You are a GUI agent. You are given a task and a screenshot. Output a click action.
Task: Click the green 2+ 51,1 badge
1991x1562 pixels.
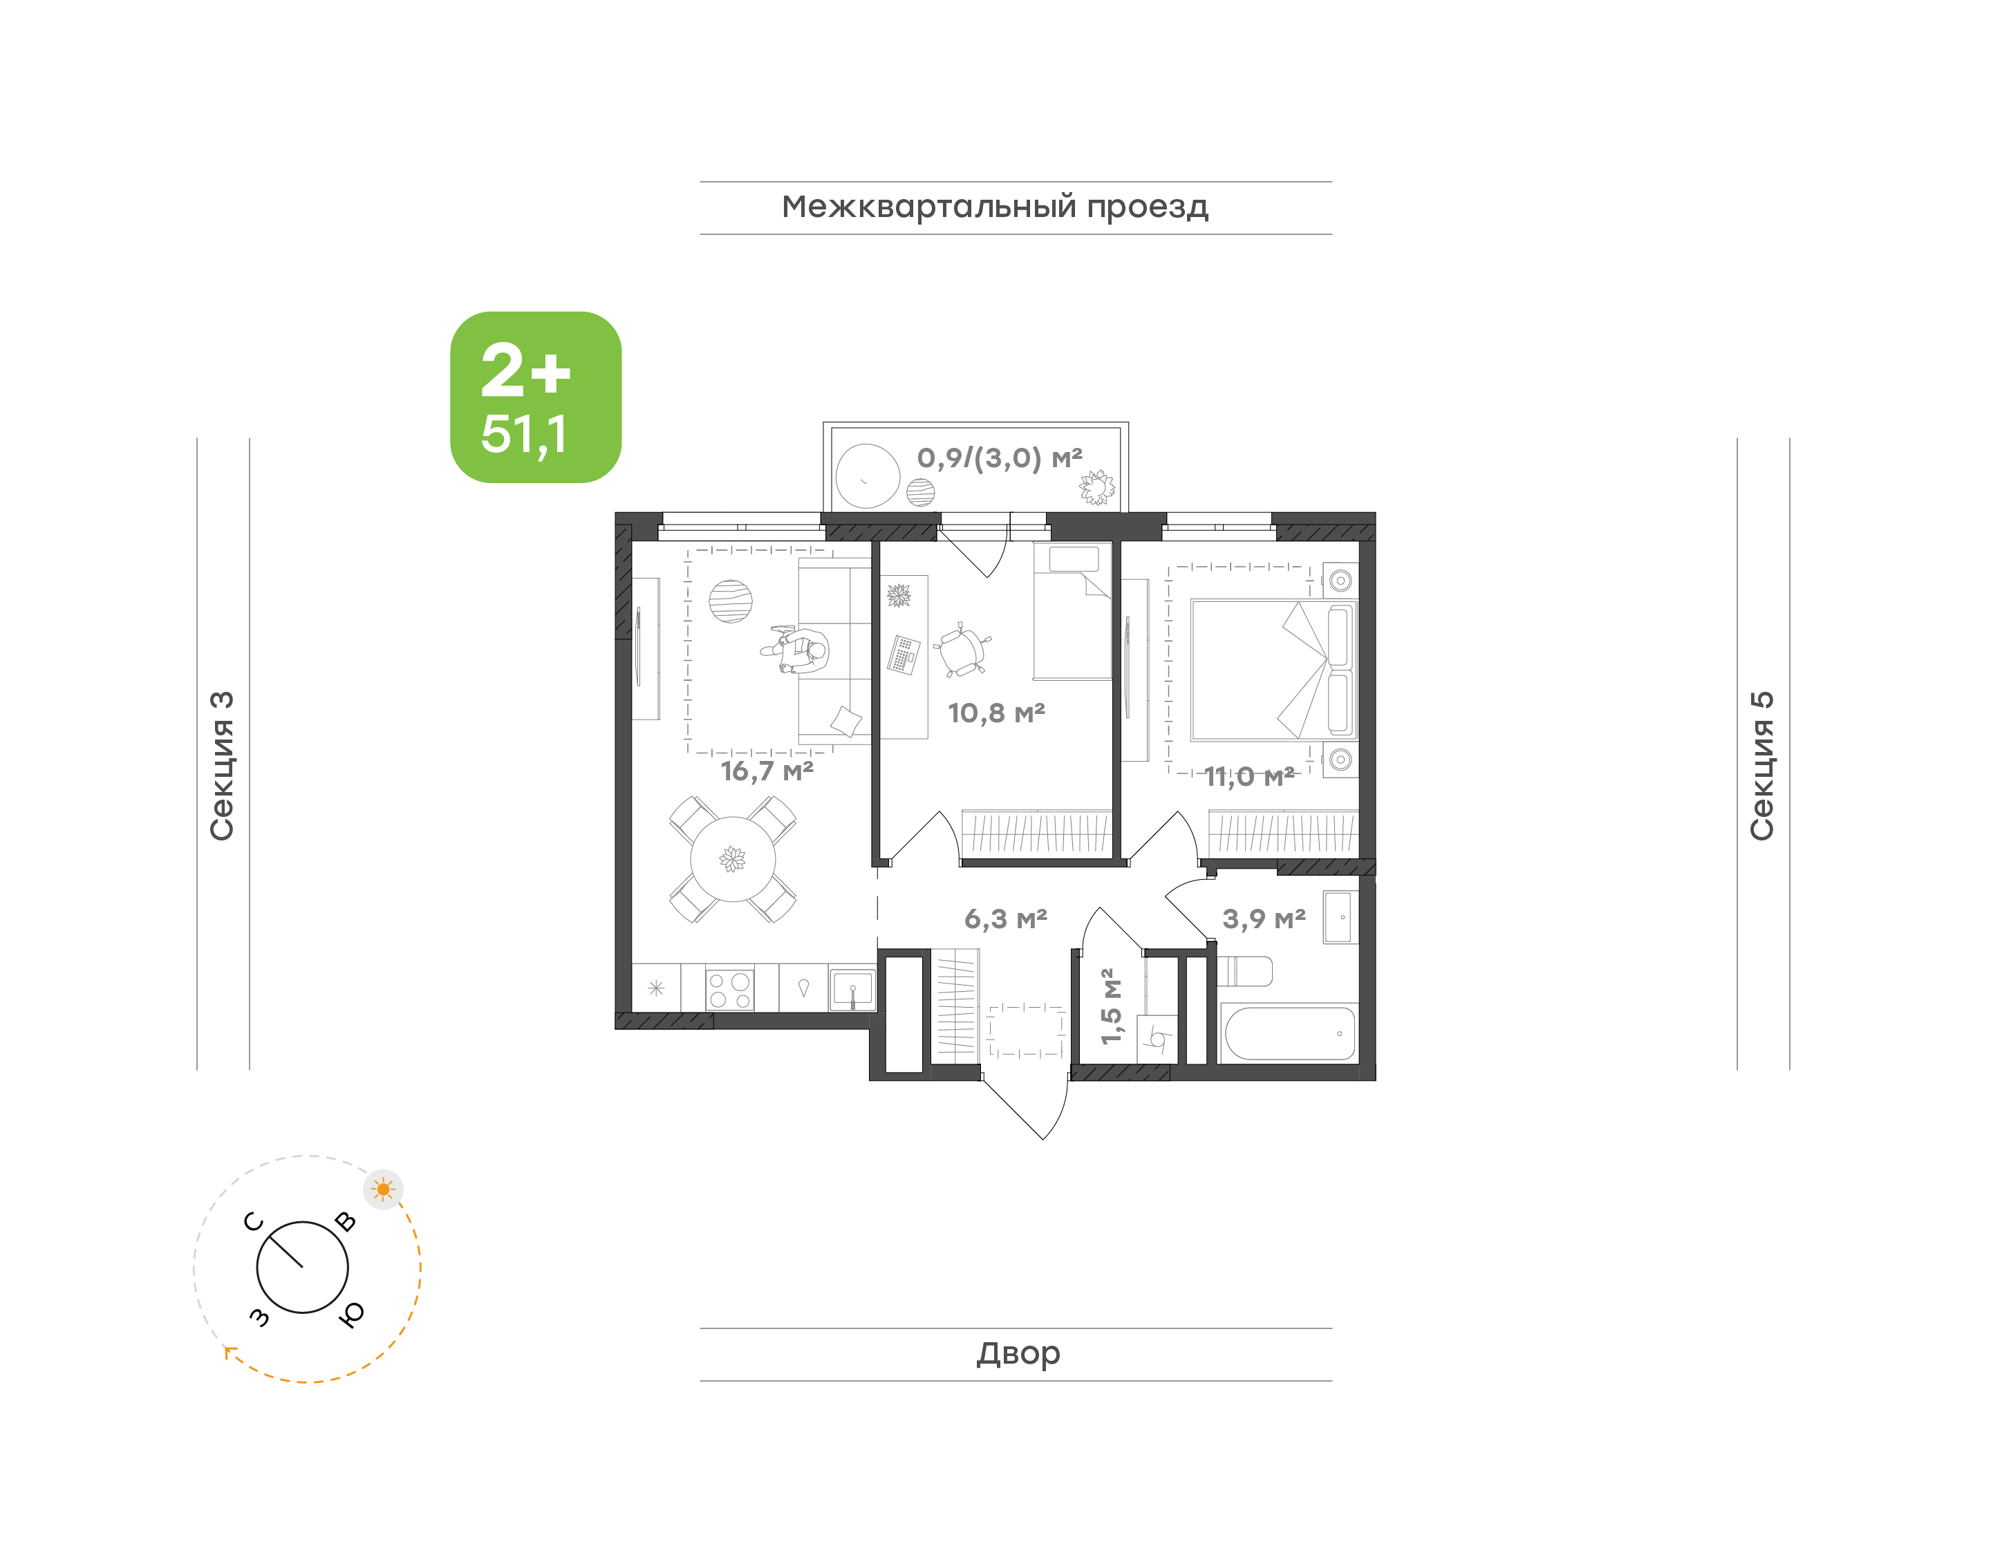[x=535, y=397]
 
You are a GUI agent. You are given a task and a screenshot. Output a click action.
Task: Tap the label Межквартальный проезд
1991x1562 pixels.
[x=994, y=207]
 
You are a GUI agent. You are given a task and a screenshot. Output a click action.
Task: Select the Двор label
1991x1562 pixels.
[x=1018, y=1353]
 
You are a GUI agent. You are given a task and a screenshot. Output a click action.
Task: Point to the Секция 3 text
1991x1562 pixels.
[x=222, y=766]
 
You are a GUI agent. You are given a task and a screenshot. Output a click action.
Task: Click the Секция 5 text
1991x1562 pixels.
[x=1762, y=766]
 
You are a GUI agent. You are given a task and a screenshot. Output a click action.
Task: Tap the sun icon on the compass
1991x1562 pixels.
[x=383, y=1189]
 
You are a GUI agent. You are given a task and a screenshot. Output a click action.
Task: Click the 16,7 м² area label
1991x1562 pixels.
[x=767, y=771]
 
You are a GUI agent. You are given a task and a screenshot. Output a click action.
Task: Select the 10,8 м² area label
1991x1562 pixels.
[x=996, y=713]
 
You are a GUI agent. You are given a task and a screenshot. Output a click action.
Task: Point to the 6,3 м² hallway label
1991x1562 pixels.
[x=1005, y=918]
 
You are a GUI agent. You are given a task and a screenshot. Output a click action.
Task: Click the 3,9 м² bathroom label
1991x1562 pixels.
[x=1264, y=918]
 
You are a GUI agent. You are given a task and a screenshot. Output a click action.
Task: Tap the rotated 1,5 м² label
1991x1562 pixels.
[x=1110, y=1006]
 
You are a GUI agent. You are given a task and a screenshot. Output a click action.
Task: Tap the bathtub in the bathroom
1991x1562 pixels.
[x=1289, y=1033]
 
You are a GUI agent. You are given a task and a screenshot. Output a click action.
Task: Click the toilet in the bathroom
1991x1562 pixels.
[x=1244, y=971]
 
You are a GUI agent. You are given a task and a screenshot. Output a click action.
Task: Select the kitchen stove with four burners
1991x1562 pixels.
[x=730, y=988]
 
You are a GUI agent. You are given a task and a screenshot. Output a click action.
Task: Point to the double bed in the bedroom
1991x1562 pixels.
[x=1274, y=670]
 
